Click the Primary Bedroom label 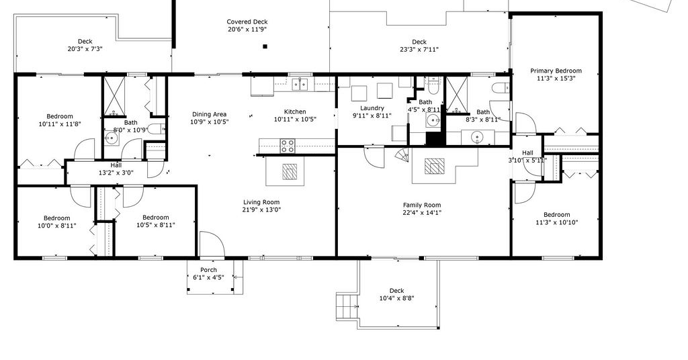pyautogui.click(x=556, y=71)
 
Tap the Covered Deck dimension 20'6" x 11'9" pyautogui.click(x=247, y=30)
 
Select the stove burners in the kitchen pyautogui.click(x=288, y=146)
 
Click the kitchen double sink pyautogui.click(x=300, y=83)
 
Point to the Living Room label pyautogui.click(x=261, y=202)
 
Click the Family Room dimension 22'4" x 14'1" pyautogui.click(x=422, y=213)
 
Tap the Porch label pyautogui.click(x=208, y=270)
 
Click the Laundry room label pyautogui.click(x=372, y=108)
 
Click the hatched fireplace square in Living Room pyautogui.click(x=290, y=171)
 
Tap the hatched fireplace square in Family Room pyautogui.click(x=435, y=166)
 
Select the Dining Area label pyautogui.click(x=210, y=114)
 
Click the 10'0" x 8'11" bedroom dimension pyautogui.click(x=56, y=226)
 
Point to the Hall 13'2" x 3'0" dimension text pyautogui.click(x=116, y=173)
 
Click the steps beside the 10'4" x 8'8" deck pyautogui.click(x=347, y=306)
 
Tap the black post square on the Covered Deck pyautogui.click(x=265, y=46)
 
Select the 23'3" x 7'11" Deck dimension pyautogui.click(x=419, y=50)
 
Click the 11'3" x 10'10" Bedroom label pyautogui.click(x=557, y=214)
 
